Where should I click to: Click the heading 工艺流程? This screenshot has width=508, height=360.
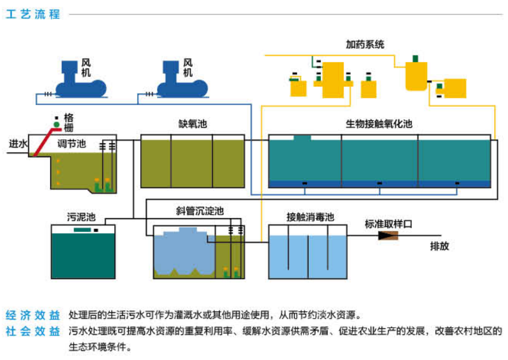(x=33, y=14)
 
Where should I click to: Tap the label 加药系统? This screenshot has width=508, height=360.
(x=365, y=45)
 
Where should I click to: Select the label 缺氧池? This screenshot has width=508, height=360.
(x=192, y=124)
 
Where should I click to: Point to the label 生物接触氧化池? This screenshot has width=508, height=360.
(x=379, y=124)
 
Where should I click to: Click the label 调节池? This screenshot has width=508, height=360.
(x=71, y=144)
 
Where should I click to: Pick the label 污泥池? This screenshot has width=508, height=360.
(x=81, y=217)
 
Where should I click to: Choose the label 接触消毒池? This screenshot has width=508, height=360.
(x=310, y=217)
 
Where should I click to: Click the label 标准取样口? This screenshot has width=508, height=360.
(x=388, y=224)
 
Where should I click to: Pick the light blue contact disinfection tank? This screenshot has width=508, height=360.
(x=307, y=256)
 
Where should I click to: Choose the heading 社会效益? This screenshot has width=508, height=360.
(x=33, y=331)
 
